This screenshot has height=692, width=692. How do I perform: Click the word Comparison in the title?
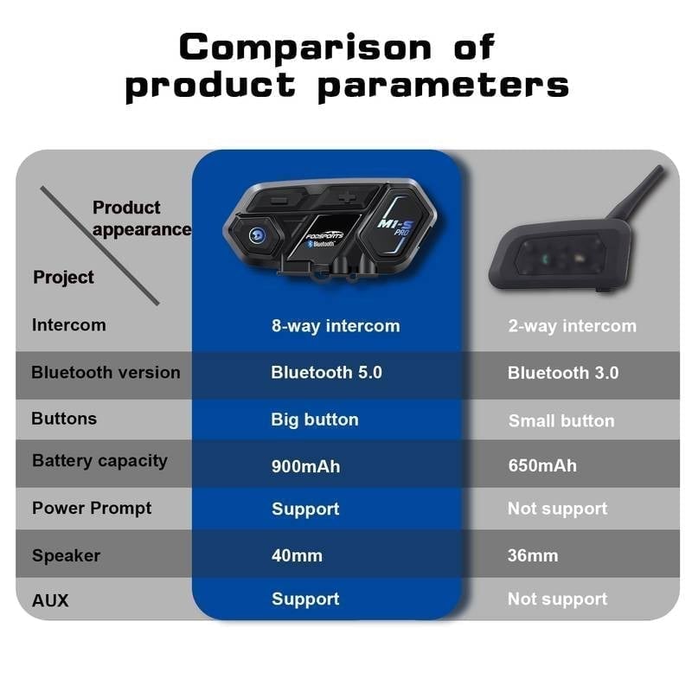pyautogui.click(x=305, y=47)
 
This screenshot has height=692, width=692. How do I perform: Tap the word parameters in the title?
pyautogui.click(x=443, y=86)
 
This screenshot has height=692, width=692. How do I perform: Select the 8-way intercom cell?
pyautogui.click(x=336, y=326)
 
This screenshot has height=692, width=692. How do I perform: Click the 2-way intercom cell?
pyautogui.click(x=572, y=326)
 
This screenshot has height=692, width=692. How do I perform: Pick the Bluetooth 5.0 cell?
pyautogui.click(x=326, y=373)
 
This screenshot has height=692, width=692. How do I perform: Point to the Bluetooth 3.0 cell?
pyautogui.click(x=563, y=373)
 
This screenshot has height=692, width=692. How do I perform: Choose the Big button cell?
pyautogui.click(x=315, y=420)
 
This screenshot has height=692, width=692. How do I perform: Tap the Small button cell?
pyautogui.click(x=561, y=420)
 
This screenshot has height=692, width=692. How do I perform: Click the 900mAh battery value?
pyautogui.click(x=305, y=466)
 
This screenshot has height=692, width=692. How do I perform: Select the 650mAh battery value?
pyautogui.click(x=542, y=465)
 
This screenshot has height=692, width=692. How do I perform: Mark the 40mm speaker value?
pyautogui.click(x=297, y=555)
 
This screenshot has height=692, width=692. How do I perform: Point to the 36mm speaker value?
pyautogui.click(x=533, y=555)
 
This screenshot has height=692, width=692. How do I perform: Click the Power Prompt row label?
pyautogui.click(x=92, y=508)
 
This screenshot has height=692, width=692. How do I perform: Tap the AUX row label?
pyautogui.click(x=50, y=600)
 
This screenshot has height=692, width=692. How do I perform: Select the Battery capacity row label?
pyautogui.click(x=99, y=461)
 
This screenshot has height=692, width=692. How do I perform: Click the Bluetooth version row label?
pyautogui.click(x=106, y=373)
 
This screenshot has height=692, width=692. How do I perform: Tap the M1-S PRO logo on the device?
pyautogui.click(x=394, y=227)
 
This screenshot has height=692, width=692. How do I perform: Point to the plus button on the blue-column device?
pyautogui.click(x=347, y=197)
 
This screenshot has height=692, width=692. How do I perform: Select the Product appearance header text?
pyautogui.click(x=141, y=219)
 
